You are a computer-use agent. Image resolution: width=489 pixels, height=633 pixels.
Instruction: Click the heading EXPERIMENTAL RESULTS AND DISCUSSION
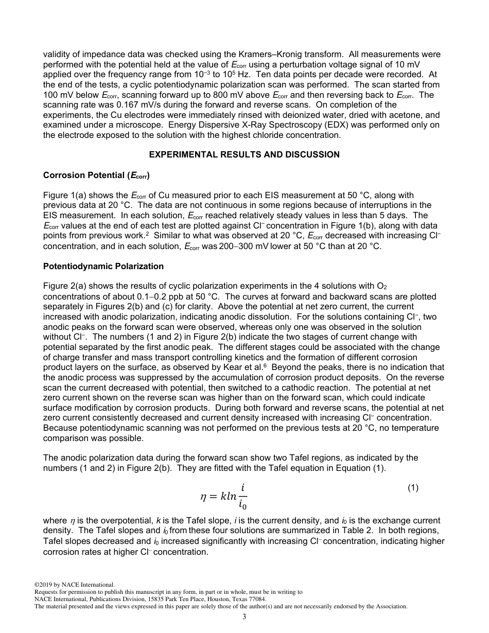[x=244, y=154]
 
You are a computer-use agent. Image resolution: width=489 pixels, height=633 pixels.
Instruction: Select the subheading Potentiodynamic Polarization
[x=103, y=266]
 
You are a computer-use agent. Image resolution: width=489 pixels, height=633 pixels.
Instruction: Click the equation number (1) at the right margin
[x=413, y=488]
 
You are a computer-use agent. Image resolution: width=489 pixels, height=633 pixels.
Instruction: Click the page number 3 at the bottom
[x=244, y=617]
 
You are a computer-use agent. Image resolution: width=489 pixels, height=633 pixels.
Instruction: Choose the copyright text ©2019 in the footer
[x=43, y=585]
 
